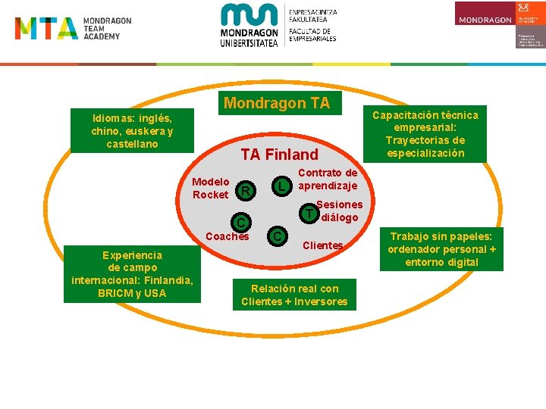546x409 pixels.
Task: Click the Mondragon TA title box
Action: [x=278, y=103]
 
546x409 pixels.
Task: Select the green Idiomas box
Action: [x=132, y=131]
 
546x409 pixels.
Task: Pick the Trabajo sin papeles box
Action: [x=441, y=249]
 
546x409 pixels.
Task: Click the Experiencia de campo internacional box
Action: [x=132, y=274]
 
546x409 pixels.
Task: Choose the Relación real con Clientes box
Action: [x=294, y=295]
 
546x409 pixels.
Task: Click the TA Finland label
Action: [x=279, y=155]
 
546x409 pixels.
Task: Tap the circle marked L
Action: [x=281, y=186]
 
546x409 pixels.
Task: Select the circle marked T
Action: [x=308, y=214]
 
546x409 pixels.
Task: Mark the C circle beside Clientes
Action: [x=278, y=237]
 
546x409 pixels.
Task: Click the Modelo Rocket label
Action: [x=210, y=188]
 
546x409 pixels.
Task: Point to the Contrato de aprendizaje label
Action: [x=328, y=180]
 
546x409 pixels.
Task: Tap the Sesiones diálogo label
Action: [x=339, y=211]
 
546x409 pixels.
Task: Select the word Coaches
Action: [x=227, y=236]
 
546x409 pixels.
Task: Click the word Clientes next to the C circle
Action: [x=323, y=245]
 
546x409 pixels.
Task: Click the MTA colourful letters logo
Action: [x=45, y=28]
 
